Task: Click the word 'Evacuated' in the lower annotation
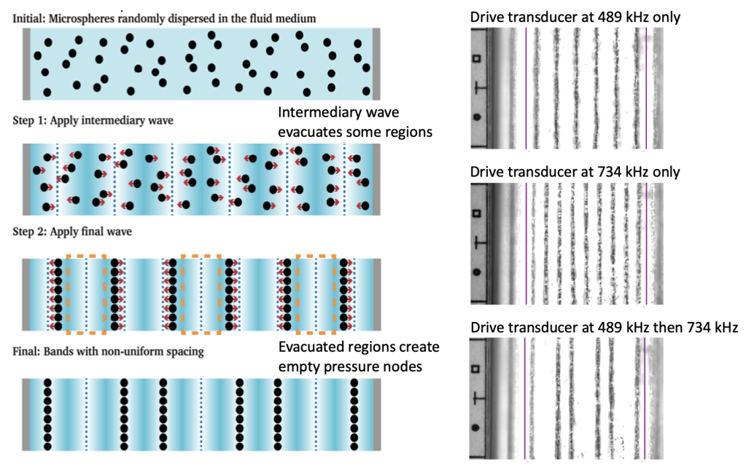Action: [x=311, y=346]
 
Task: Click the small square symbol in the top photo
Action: [x=477, y=58]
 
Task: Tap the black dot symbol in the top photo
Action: [x=478, y=116]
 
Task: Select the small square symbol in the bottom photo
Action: [x=477, y=368]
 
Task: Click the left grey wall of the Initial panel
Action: [x=26, y=63]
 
